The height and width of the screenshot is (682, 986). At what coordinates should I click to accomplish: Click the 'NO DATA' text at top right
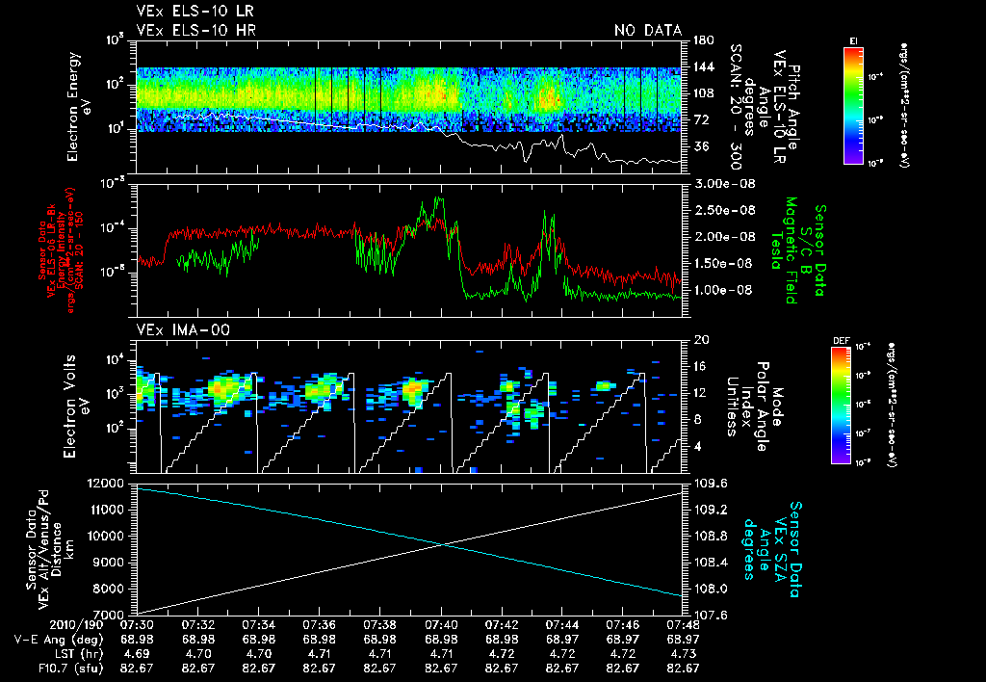pos(647,30)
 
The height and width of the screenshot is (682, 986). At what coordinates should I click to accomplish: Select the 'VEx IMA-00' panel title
pos(175,329)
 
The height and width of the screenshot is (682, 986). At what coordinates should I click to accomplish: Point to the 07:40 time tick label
pos(441,625)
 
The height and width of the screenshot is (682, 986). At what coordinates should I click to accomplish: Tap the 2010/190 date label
pos(37,625)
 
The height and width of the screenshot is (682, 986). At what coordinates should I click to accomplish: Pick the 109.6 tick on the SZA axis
pos(710,483)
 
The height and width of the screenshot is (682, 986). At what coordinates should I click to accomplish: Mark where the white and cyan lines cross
pos(442,544)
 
